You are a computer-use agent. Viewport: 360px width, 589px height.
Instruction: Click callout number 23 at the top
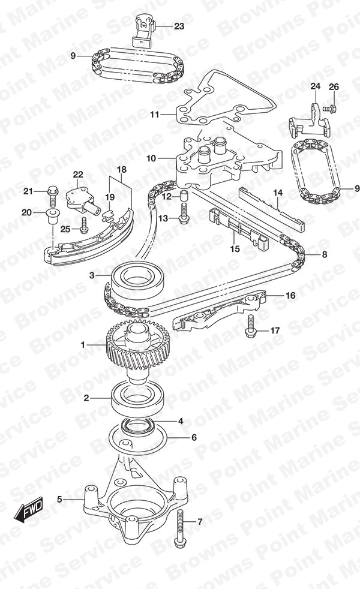[179, 26]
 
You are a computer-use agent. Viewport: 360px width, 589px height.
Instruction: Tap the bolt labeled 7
[180, 528]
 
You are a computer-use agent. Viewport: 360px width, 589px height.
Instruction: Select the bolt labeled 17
[250, 326]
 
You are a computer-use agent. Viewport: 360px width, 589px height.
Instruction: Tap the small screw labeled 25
[83, 224]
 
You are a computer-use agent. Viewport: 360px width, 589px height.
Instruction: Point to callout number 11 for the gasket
[155, 115]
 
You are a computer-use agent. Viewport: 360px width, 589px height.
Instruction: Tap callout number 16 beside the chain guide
[290, 296]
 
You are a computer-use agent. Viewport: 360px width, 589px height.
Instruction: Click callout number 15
[235, 249]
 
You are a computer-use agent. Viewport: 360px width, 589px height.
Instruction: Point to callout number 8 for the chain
[325, 254]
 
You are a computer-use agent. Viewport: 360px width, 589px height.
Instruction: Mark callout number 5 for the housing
[59, 499]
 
